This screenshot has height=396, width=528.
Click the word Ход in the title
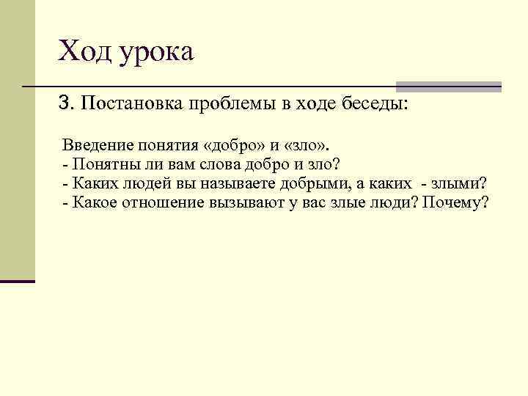click(x=82, y=51)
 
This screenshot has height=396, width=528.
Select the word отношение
click(x=164, y=202)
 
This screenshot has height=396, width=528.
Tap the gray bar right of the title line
click(x=448, y=87)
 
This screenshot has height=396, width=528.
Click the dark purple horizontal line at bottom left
click(x=18, y=281)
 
